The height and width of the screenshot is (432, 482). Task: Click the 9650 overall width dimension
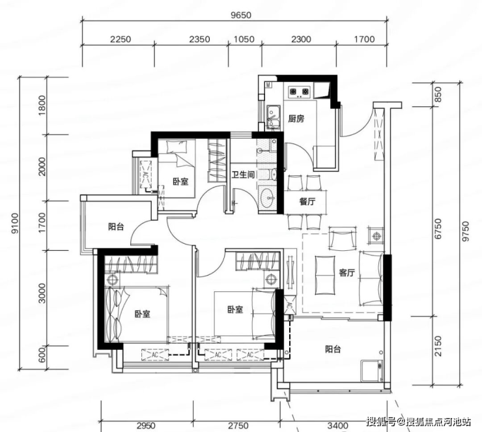click(241, 15)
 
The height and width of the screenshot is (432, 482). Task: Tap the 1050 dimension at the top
click(244, 39)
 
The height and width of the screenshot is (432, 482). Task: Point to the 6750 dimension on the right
click(438, 229)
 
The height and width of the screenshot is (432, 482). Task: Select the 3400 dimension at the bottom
click(338, 425)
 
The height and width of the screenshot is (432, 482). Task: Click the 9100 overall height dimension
click(15, 223)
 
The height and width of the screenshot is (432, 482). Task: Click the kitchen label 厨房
click(296, 119)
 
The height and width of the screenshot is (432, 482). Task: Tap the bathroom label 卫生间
click(243, 175)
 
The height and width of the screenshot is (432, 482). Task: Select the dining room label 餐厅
click(307, 202)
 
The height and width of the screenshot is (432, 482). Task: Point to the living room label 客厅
click(347, 272)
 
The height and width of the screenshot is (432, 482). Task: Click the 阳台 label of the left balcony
click(116, 227)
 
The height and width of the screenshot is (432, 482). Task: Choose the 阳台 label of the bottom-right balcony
click(333, 349)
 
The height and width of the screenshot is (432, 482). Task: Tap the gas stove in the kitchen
click(299, 92)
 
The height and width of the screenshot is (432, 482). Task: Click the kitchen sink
click(273, 116)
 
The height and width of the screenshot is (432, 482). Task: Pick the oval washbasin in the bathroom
click(267, 197)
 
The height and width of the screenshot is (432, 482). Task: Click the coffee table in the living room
click(325, 275)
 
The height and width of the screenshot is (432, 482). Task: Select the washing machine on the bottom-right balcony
click(372, 371)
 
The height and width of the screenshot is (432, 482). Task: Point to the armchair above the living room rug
click(343, 238)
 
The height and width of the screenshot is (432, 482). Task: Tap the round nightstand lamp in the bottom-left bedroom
click(112, 280)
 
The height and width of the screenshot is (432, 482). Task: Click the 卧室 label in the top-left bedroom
click(180, 182)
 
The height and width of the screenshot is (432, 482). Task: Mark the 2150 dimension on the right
click(438, 346)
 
